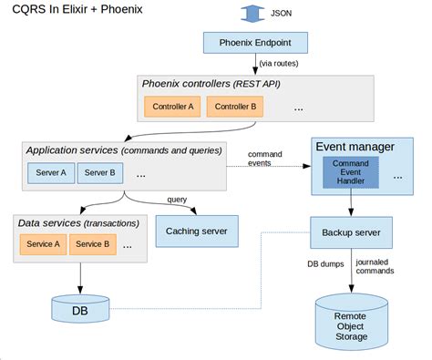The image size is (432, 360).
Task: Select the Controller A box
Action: [171, 107]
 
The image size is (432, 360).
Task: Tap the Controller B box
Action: [233, 107]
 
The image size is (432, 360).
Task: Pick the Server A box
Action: [50, 172]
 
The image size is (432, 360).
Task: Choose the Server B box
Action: [98, 172]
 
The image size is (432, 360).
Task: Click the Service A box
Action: [43, 243]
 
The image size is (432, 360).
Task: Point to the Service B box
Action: [93, 243]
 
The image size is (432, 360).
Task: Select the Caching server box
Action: [196, 231]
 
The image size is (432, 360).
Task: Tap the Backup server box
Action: [350, 231]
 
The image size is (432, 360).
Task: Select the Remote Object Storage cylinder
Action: [350, 320]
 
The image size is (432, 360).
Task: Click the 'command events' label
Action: [264, 159]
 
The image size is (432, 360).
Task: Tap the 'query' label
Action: [178, 201]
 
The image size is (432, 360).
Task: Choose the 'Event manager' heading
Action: [355, 146]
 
